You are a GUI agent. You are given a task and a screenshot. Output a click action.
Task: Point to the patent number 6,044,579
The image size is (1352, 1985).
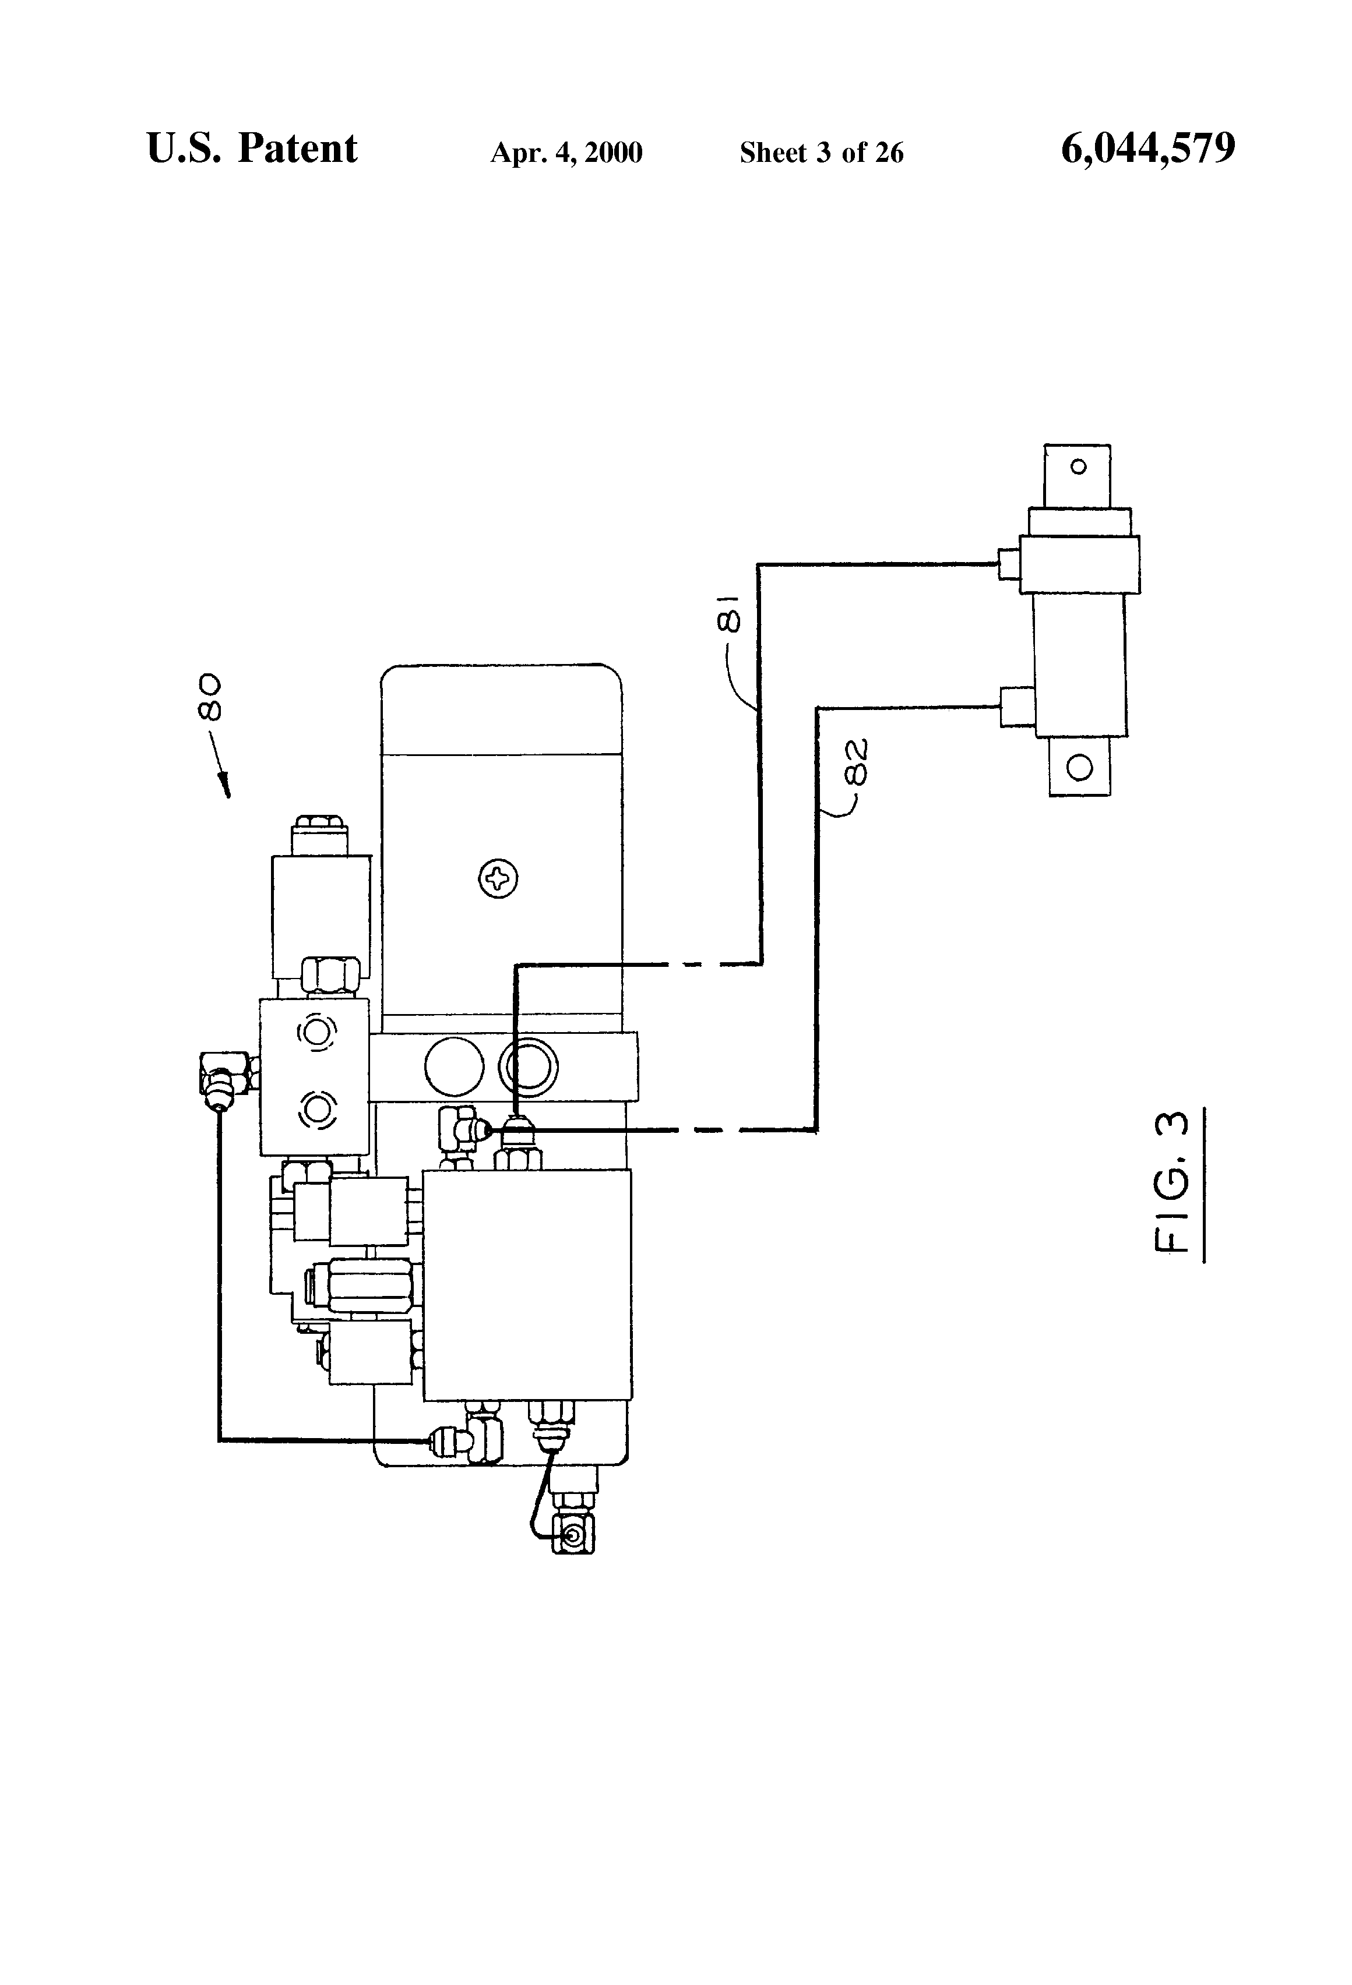click(x=1148, y=149)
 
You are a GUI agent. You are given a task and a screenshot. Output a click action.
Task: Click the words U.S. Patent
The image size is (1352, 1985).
click(x=252, y=149)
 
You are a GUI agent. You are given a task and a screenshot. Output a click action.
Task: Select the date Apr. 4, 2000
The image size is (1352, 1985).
click(x=566, y=153)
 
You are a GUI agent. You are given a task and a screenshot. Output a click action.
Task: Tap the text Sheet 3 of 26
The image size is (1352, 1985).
click(x=821, y=153)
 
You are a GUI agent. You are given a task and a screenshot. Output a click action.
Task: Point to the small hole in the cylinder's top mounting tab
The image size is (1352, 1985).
click(x=1079, y=467)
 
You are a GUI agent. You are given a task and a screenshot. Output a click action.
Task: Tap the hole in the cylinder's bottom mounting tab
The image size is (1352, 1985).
click(x=1080, y=767)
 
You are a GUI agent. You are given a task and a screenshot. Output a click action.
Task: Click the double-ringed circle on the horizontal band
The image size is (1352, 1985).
click(x=528, y=1066)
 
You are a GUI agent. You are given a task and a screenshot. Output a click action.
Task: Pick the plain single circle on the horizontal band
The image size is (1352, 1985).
click(x=454, y=1066)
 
